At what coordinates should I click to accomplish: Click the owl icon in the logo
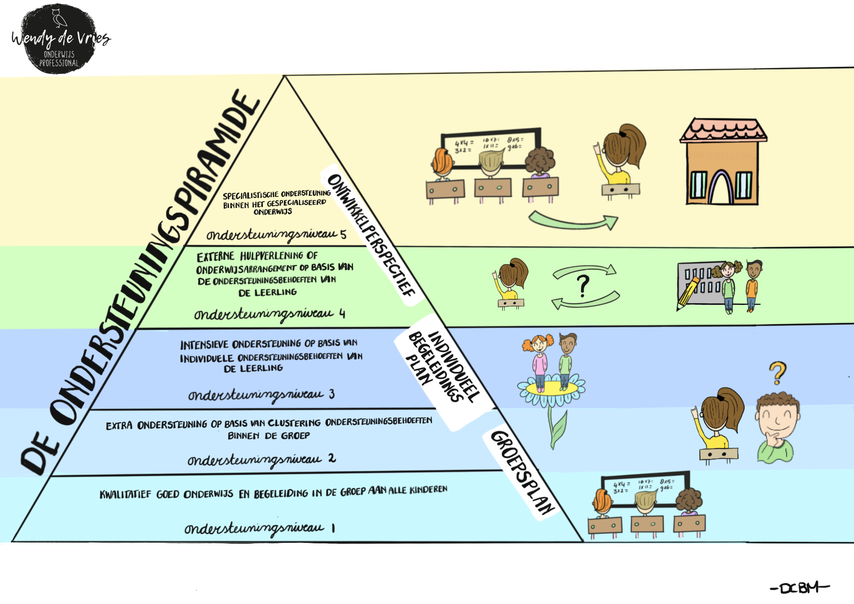59,18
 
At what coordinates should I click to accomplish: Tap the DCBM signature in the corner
799,588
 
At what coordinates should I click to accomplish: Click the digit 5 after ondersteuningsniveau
343,234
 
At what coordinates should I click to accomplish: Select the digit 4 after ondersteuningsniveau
342,314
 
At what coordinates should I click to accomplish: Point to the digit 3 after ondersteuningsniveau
332,394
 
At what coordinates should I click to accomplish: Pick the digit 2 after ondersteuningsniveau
332,458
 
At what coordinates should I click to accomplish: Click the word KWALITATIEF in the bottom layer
125,494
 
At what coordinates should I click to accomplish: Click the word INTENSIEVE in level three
204,345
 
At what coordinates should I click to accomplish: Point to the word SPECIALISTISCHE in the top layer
250,195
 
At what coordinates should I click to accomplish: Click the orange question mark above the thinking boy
777,373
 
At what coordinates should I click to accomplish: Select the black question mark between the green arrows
583,286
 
